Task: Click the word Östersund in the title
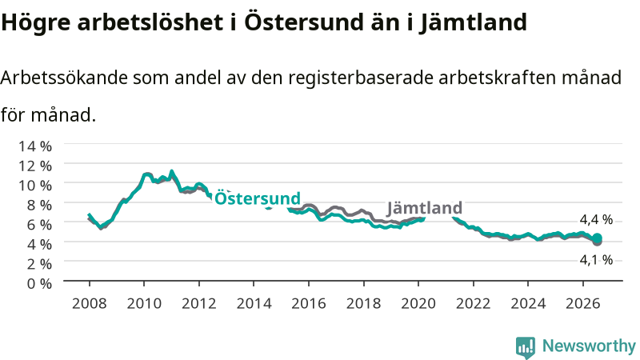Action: pyautogui.click(x=304, y=22)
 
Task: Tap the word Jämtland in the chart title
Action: pyautogui.click(x=473, y=22)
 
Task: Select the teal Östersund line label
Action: pyautogui.click(x=258, y=198)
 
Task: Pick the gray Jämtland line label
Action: pyautogui.click(x=425, y=208)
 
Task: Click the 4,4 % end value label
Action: pyautogui.click(x=596, y=219)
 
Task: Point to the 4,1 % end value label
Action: pyautogui.click(x=596, y=259)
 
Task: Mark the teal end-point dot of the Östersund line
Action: pyautogui.click(x=597, y=238)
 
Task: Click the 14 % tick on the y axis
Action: pyautogui.click(x=35, y=146)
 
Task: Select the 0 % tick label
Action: pyautogui.click(x=39, y=283)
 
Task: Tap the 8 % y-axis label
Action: pyautogui.click(x=39, y=205)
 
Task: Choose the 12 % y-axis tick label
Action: pyautogui.click(x=35, y=166)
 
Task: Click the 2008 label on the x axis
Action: pyautogui.click(x=90, y=303)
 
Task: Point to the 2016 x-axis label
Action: pyautogui.click(x=309, y=303)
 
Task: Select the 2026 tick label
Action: pyautogui.click(x=583, y=303)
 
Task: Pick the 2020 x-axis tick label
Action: pyautogui.click(x=418, y=303)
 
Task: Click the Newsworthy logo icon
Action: pyautogui.click(x=526, y=347)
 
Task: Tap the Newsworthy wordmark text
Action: pyautogui.click(x=589, y=346)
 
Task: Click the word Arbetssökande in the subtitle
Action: pyautogui.click(x=64, y=77)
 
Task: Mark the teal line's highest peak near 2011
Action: pyautogui.click(x=171, y=171)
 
